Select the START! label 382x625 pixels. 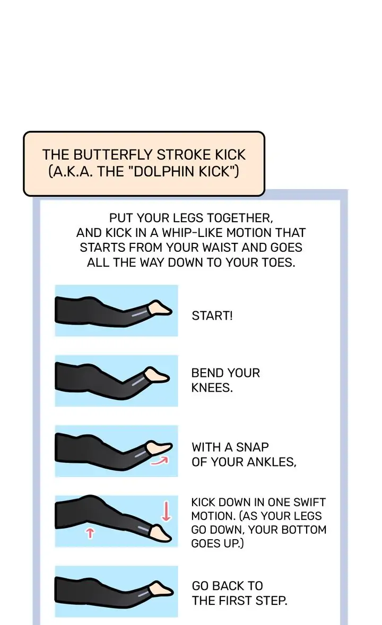pos(212,316)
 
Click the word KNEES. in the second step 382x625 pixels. pos(212,388)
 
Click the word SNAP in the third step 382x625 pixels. pos(252,447)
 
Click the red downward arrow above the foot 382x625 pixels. pos(166,511)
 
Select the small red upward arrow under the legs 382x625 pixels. pos(90,533)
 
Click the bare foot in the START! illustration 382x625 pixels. pos(159,308)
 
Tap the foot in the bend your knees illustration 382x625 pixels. pos(156,375)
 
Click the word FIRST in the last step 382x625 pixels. pos(240,600)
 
